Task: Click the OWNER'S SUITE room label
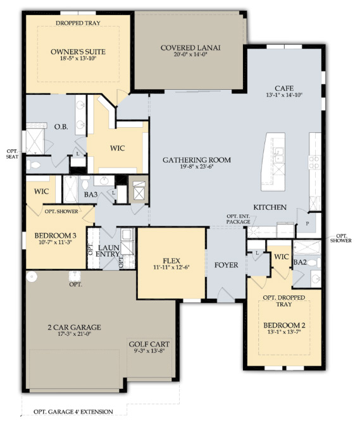click(78, 51)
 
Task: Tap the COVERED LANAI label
click(190, 48)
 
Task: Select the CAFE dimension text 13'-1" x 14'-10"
click(284, 95)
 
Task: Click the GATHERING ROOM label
click(197, 160)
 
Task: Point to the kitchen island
click(273, 162)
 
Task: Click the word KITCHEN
click(270, 207)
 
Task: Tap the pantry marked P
click(307, 223)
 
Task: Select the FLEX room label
click(171, 261)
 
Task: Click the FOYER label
click(227, 265)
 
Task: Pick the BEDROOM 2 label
click(284, 325)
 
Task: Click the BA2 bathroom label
click(300, 262)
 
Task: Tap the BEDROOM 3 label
click(55, 235)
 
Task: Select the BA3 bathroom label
click(90, 194)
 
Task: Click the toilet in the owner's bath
click(33, 165)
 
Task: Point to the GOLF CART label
click(149, 344)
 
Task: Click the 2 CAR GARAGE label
click(74, 328)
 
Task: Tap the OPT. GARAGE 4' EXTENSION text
click(73, 412)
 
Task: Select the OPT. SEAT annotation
click(13, 154)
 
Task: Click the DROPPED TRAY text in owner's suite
click(78, 23)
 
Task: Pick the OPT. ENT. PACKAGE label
click(239, 219)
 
